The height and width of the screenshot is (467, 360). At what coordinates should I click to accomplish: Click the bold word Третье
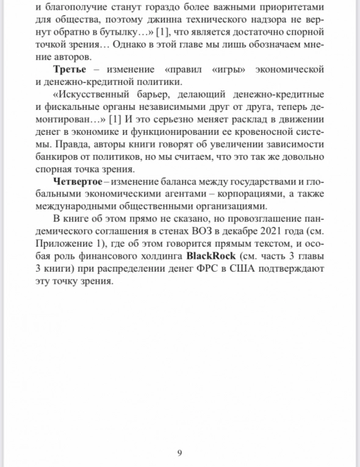coord(69,69)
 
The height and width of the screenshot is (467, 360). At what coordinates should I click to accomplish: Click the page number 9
coord(179,452)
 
